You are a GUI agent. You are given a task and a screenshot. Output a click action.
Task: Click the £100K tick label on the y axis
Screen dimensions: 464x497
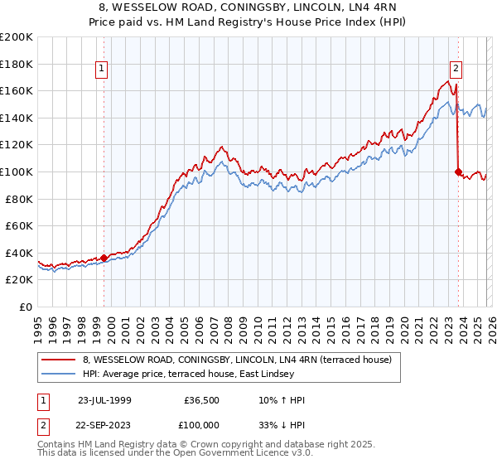pyautogui.click(x=17, y=172)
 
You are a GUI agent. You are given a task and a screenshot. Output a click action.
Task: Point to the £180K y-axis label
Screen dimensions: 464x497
pyautogui.click(x=17, y=64)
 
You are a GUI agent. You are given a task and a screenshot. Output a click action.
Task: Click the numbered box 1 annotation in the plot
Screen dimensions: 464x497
pyautogui.click(x=102, y=70)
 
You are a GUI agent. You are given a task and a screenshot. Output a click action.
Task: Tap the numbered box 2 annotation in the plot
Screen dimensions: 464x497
pyautogui.click(x=456, y=70)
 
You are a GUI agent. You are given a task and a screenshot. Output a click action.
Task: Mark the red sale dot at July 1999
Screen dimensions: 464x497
pyautogui.click(x=104, y=258)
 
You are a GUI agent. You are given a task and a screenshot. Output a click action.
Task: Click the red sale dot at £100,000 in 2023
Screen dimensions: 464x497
pyautogui.click(x=458, y=172)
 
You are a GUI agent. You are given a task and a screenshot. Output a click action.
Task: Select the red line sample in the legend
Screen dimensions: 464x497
pyautogui.click(x=60, y=360)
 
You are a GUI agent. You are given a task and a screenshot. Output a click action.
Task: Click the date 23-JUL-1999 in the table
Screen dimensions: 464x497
pyautogui.click(x=104, y=400)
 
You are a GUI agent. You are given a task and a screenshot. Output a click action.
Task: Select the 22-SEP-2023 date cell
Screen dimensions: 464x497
pyautogui.click(x=104, y=423)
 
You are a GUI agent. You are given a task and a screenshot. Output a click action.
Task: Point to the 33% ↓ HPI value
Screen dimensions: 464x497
pyautogui.click(x=282, y=423)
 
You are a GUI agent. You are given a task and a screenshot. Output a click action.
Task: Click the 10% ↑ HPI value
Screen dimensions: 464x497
pyautogui.click(x=282, y=400)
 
